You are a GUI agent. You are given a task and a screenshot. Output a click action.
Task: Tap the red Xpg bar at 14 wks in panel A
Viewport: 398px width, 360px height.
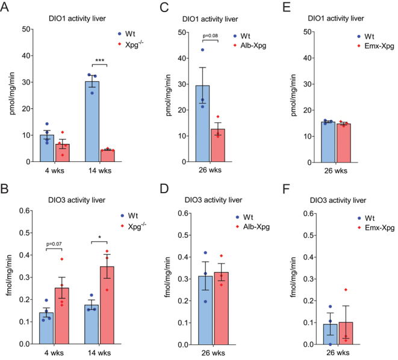[x=107, y=156]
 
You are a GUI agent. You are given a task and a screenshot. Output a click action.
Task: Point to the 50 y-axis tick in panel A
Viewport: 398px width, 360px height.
[x=26, y=29]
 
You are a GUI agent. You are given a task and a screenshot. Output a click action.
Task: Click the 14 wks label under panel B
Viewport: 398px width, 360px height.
[x=99, y=355]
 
